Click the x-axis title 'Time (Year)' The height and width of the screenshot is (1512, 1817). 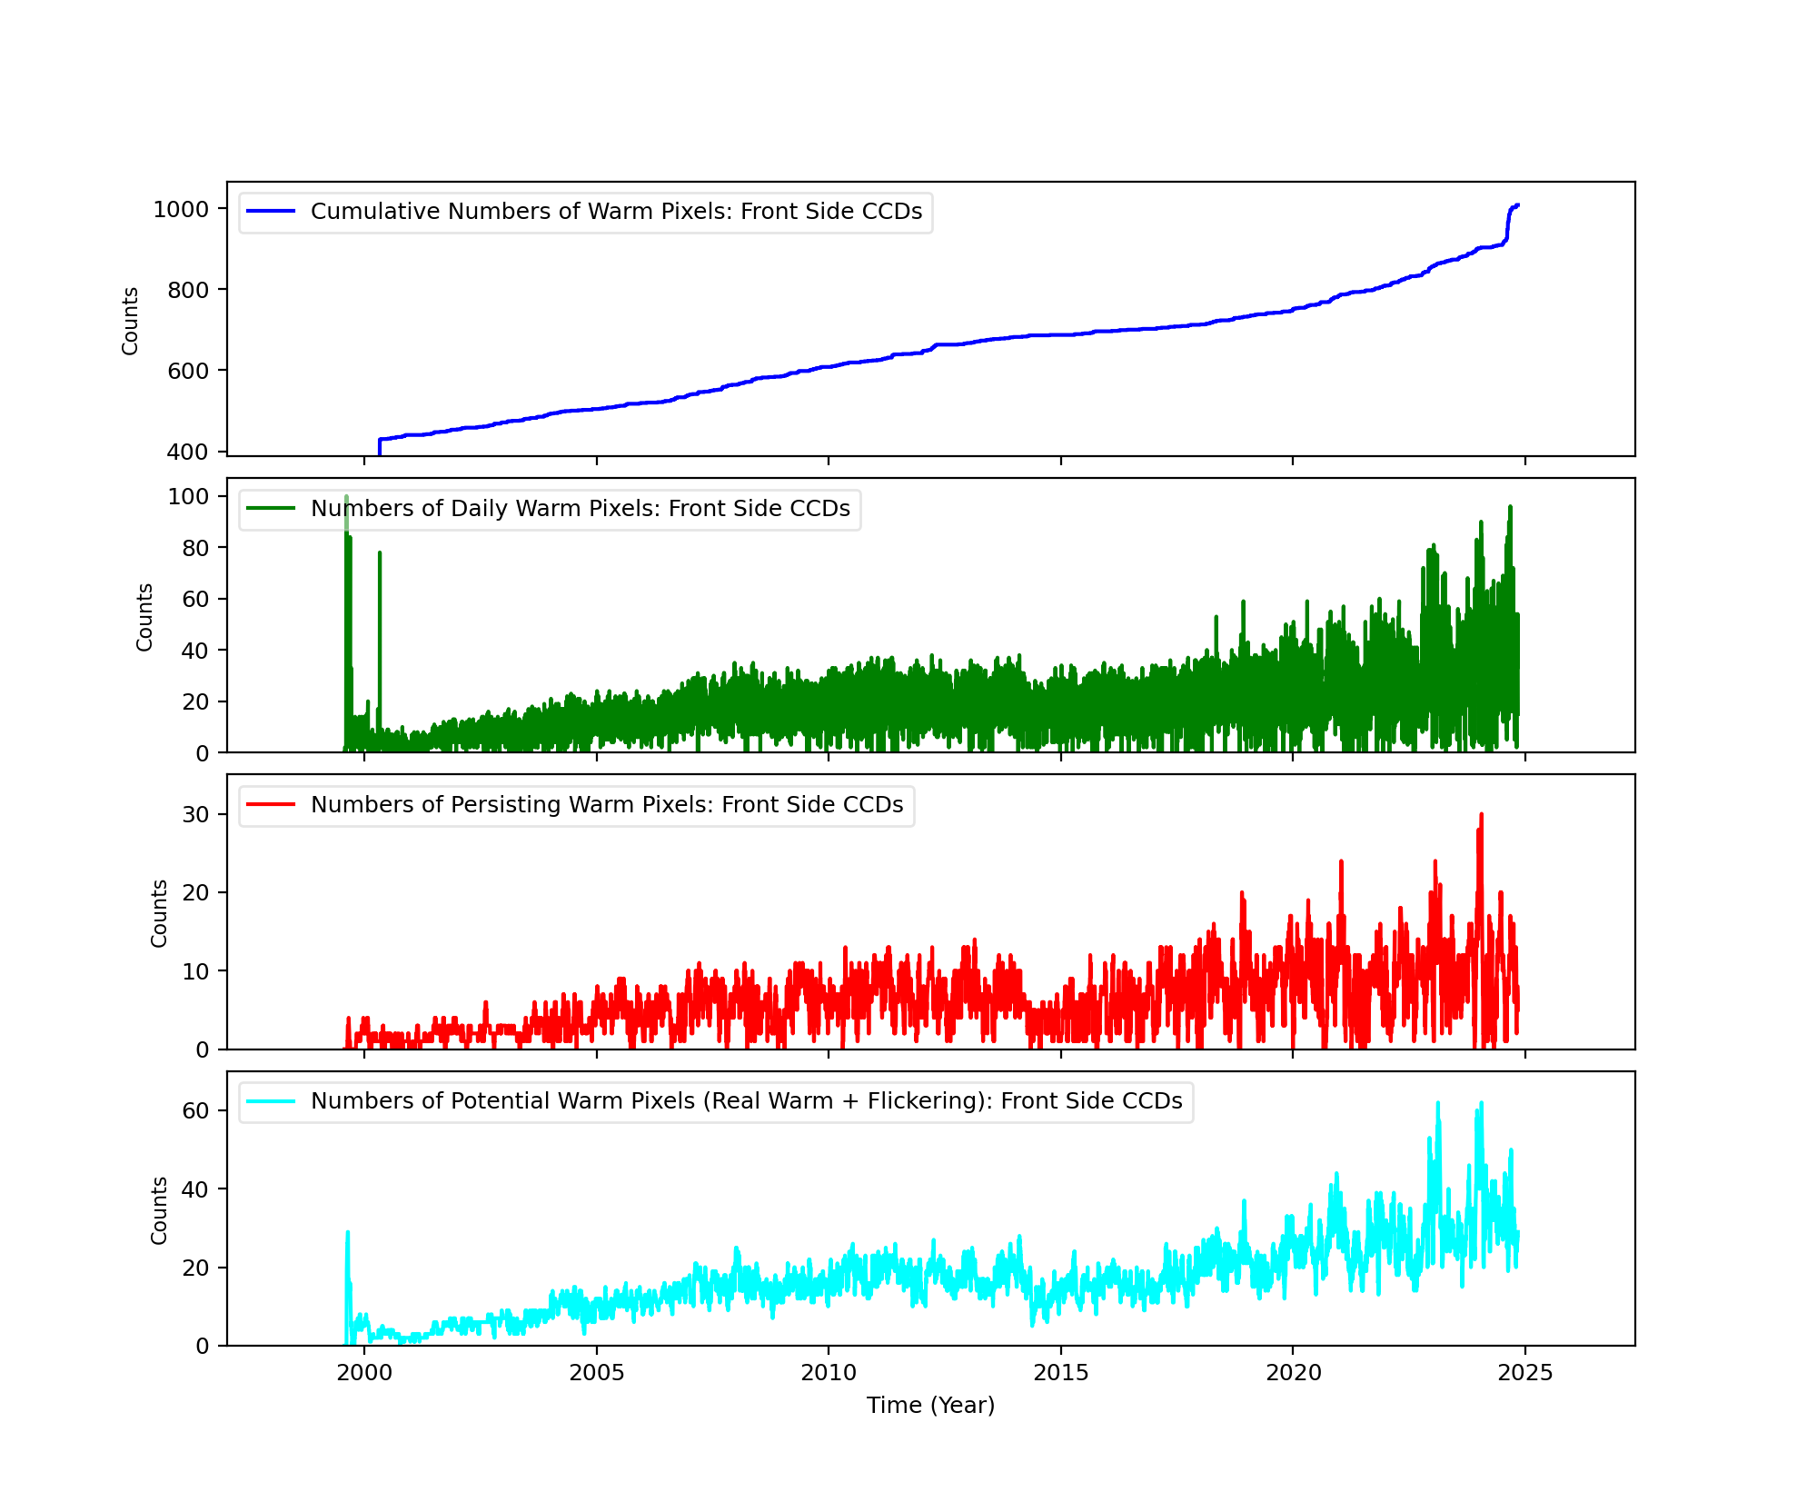[930, 1406]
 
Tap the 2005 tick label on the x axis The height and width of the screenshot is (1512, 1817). [596, 1373]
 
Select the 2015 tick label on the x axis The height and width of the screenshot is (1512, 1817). [1060, 1373]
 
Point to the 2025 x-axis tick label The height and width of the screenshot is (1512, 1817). [1524, 1373]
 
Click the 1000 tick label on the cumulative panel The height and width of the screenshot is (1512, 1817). [181, 210]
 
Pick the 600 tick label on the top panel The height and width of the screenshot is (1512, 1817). [188, 371]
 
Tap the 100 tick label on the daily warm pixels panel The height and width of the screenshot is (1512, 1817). [188, 496]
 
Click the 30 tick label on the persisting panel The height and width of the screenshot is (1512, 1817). [195, 814]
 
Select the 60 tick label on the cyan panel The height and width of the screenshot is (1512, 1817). [195, 1110]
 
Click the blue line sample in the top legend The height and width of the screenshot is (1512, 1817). [271, 212]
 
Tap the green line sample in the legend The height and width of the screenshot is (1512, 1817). [271, 509]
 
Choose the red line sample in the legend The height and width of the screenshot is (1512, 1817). [271, 805]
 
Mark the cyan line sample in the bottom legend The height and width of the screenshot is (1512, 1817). [271, 1101]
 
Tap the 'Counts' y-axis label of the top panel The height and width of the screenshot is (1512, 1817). [130, 321]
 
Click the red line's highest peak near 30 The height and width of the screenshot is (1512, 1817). [1481, 815]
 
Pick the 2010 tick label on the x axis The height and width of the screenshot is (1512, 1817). [829, 1373]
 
